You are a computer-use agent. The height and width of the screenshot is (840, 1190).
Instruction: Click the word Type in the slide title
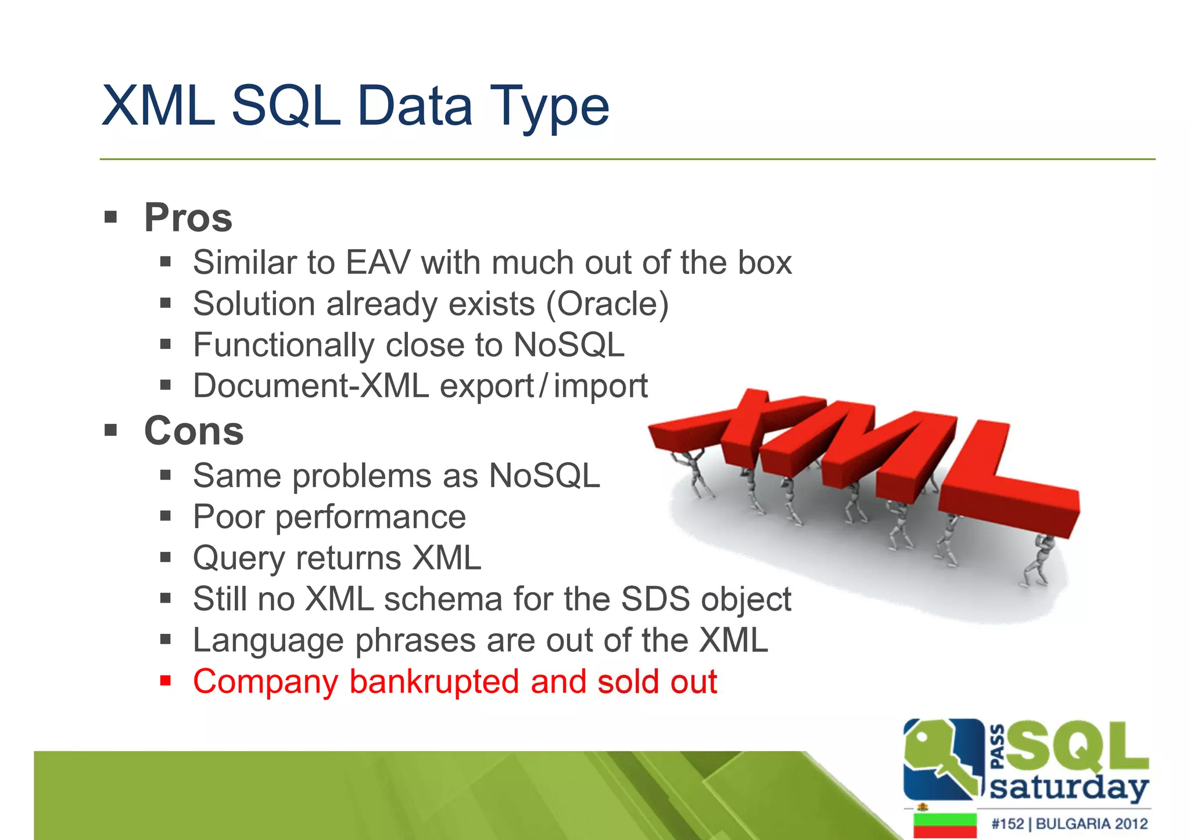[x=549, y=107]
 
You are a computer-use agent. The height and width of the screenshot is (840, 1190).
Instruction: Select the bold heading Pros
[x=188, y=218]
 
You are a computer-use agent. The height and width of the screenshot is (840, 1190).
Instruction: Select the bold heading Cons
[x=193, y=431]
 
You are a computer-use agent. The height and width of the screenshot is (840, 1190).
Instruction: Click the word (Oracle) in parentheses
[x=607, y=304]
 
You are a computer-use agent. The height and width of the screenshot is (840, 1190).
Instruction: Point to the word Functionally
[x=284, y=345]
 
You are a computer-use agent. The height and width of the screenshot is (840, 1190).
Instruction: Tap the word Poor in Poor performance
[x=228, y=517]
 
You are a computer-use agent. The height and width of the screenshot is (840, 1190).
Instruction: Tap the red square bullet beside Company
[x=166, y=680]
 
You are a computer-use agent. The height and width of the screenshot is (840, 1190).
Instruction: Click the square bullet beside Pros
[x=110, y=218]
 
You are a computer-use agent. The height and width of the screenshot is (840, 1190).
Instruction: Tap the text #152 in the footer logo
[x=1007, y=823]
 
